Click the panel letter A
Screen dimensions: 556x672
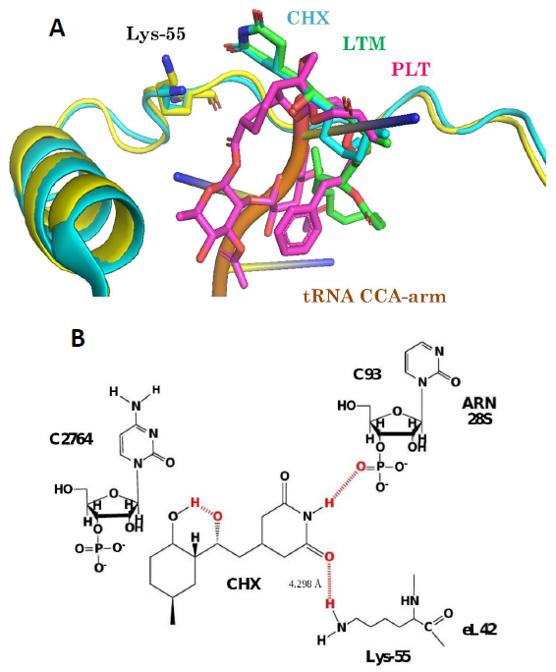pos(57,28)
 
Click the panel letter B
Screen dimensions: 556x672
pos(78,338)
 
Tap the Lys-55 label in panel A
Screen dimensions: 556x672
pos(156,33)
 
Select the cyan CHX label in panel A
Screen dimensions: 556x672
pos(308,19)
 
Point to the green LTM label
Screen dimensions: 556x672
pos(363,43)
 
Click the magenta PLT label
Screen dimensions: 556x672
pos(411,69)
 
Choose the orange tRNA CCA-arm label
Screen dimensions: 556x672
pos(375,297)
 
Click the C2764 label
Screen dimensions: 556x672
pos(71,439)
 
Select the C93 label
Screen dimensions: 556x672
pos(367,374)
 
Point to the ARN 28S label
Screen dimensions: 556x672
pos(479,410)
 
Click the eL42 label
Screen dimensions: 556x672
pos(479,630)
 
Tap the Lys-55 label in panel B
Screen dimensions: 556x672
pos(388,656)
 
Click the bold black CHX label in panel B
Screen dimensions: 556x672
pos(244,584)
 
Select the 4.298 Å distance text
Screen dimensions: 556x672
pos(306,584)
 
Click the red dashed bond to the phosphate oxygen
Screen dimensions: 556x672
pos(345,483)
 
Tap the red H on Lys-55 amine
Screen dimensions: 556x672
pos(329,604)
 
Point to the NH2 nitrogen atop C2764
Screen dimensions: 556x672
pos(136,406)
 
